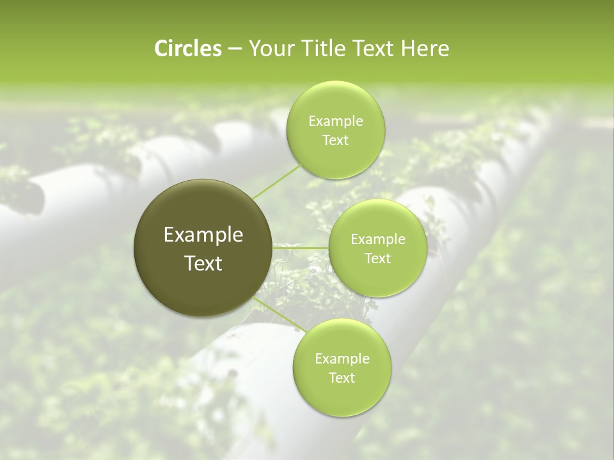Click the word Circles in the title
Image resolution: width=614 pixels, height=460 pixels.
pos(187,49)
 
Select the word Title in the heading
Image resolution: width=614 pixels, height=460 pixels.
pos(322,49)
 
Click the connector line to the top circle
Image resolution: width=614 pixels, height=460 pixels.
pos(276,181)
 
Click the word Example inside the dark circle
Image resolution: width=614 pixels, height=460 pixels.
pos(203,235)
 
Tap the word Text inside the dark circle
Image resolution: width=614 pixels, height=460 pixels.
pos(203,263)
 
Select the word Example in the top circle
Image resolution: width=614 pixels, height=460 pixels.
pos(336,121)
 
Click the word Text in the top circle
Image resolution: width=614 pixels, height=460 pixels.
pos(336,141)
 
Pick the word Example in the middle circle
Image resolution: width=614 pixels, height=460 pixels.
pos(378,240)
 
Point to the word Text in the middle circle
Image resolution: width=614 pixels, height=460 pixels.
pos(378,259)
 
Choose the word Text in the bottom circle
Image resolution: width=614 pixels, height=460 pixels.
pos(342,378)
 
